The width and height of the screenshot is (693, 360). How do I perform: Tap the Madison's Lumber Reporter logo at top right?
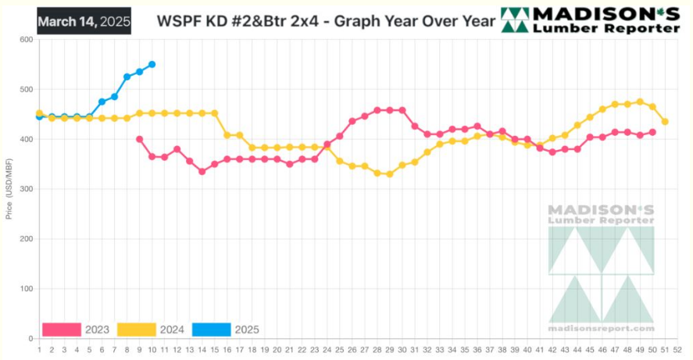coord(590,21)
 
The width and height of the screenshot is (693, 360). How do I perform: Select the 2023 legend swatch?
coord(62,330)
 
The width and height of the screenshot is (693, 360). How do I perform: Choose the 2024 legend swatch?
coord(137,330)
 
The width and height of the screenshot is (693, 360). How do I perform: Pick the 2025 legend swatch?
coord(212,330)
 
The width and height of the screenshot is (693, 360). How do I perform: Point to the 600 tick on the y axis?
coord(26,39)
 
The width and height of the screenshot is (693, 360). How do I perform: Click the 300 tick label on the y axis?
coord(26,189)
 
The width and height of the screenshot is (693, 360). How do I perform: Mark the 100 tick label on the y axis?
coord(26,289)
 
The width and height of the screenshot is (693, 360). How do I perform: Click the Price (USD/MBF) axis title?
coord(9,190)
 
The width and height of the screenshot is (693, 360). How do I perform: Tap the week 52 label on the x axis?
coord(677,349)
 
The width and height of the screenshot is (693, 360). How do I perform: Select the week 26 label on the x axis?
coord(352,349)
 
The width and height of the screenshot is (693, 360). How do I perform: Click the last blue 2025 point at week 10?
coord(152,64)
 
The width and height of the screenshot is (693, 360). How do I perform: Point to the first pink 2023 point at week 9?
coord(139,139)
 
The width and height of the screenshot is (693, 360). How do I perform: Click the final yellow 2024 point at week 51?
coord(665,121)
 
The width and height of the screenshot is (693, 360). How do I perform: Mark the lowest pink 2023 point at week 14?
coord(202,171)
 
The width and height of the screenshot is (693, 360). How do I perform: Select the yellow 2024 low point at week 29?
coord(389,174)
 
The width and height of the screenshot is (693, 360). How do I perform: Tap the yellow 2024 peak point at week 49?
coord(640,102)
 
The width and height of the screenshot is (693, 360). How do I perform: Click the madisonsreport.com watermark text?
coord(602,329)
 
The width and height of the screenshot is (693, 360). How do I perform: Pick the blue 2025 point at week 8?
coord(127,77)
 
